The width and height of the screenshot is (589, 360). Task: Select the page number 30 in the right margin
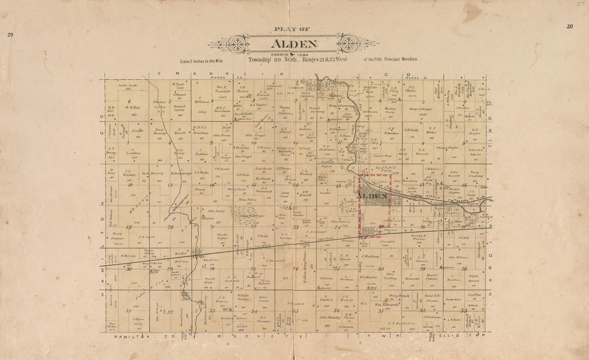click(569, 26)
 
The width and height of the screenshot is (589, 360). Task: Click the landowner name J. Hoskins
click(370, 256)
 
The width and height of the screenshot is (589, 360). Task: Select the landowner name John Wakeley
click(330, 317)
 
